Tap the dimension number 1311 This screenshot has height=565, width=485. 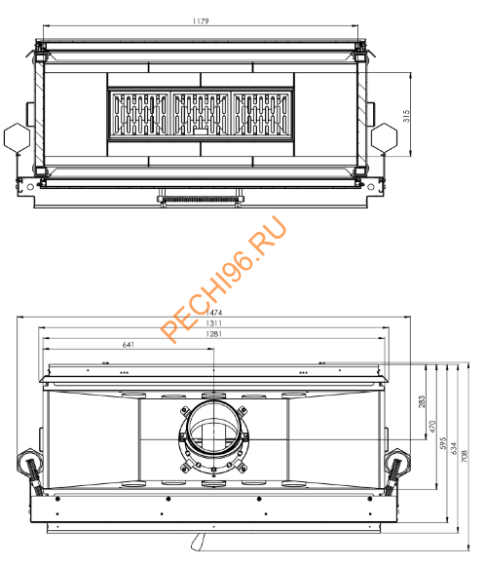pos(212,323)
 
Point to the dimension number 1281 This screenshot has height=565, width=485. pos(212,335)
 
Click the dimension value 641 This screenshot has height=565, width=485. pos(129,345)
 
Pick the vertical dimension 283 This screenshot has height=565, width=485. pos(422,401)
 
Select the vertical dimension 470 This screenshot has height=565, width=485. pos(432,426)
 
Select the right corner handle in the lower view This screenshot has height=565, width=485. pos(394,470)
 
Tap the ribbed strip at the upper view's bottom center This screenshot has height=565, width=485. pos(201,200)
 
